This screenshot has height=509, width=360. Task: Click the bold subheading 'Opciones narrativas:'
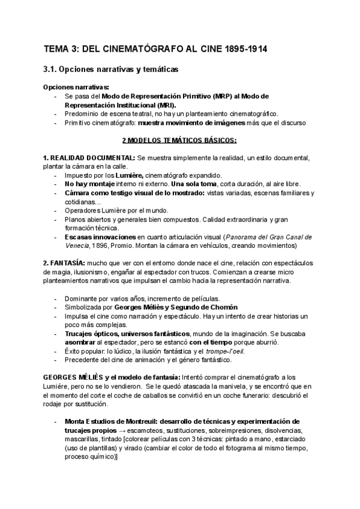pyautogui.click(x=76, y=87)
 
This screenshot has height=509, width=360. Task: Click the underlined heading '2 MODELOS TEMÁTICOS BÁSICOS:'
pyautogui.click(x=179, y=140)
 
